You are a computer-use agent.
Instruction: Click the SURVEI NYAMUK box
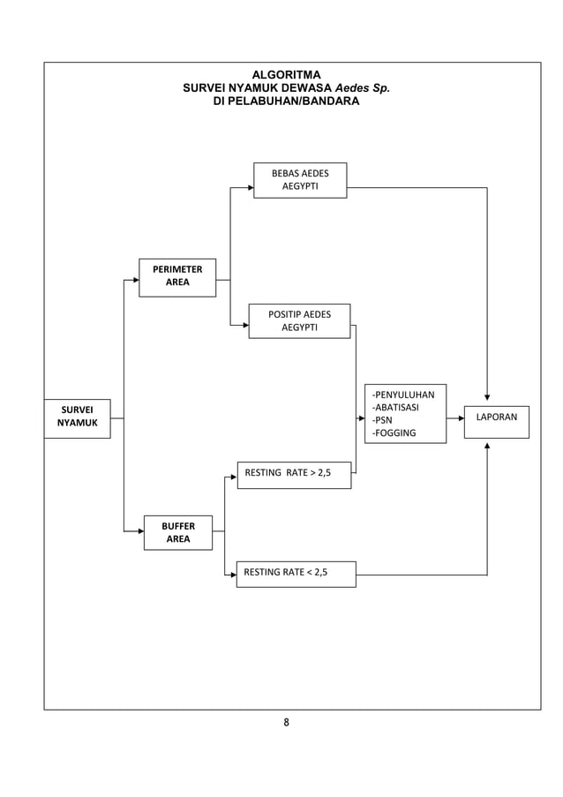pos(78,418)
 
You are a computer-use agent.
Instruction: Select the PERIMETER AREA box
pos(177,277)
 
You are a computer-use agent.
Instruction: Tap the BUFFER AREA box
pos(178,532)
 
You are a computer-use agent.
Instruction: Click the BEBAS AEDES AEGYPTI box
pos(300,180)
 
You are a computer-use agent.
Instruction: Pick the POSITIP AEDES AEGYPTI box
pos(299,321)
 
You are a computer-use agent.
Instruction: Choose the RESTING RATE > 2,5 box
pos(294,474)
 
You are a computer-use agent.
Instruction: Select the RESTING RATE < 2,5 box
pos(296,574)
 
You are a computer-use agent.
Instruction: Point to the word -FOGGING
pos(394,433)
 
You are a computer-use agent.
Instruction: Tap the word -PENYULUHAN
pos(402,395)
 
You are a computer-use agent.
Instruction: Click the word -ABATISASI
pos(395,408)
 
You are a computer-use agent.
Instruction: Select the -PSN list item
pos(382,421)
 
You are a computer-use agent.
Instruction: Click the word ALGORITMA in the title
pos(287,75)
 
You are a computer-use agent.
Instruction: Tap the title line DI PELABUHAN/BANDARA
pos(287,102)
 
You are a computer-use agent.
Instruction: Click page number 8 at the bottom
pos(286,723)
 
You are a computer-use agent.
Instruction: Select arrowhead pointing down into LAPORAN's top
pos(487,397)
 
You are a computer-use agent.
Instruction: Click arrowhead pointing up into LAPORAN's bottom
pos(487,446)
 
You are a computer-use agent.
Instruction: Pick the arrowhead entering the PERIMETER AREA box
pos(136,280)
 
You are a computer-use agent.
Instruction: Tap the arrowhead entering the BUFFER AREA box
pos(140,531)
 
